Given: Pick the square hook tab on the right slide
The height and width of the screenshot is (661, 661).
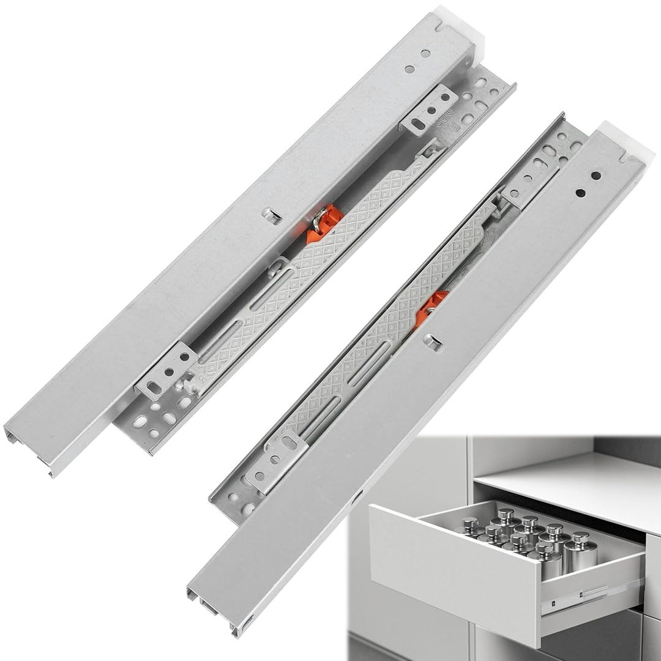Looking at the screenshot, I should point(433,342).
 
